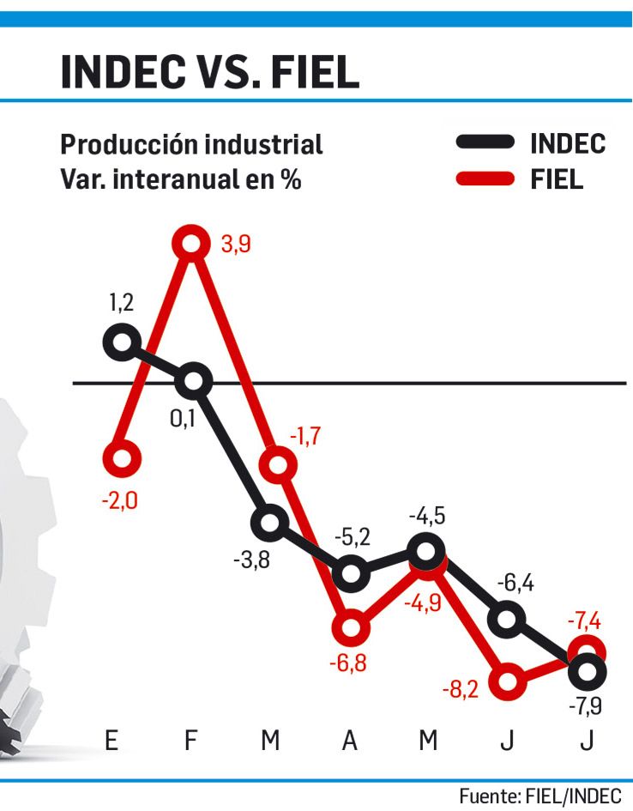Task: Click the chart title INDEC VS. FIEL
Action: (x=209, y=73)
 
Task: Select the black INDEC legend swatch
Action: (x=485, y=142)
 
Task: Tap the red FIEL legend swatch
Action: (x=485, y=179)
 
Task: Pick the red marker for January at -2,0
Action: (x=120, y=459)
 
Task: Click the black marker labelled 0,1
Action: (x=193, y=381)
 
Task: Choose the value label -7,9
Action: (x=587, y=707)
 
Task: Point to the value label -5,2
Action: (x=352, y=537)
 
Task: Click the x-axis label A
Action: (x=350, y=741)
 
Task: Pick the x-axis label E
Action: (x=112, y=741)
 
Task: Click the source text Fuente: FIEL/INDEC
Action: (x=540, y=794)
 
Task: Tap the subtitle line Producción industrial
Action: (x=191, y=144)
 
